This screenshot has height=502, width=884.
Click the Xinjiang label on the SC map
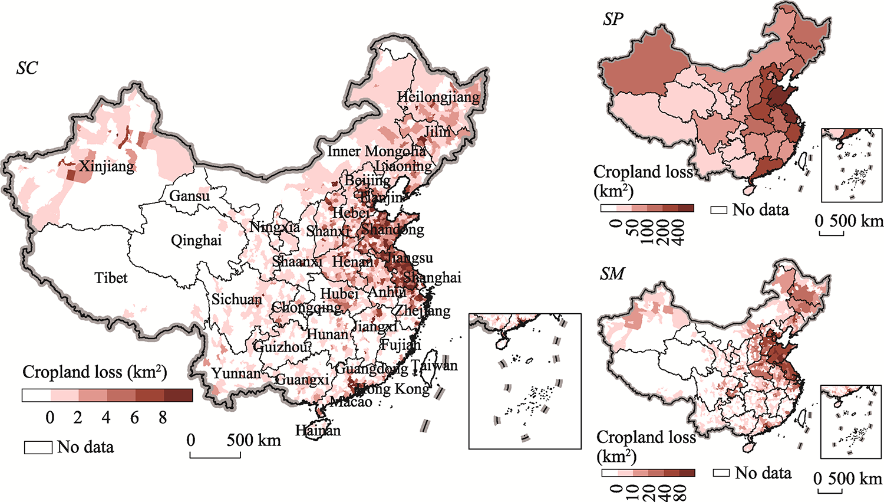(x=107, y=166)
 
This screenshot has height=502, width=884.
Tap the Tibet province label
(x=111, y=277)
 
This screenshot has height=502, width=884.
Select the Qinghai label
(x=196, y=240)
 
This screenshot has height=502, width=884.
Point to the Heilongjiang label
(x=438, y=97)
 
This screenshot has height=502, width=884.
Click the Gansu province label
(x=189, y=196)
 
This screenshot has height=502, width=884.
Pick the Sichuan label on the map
(x=237, y=300)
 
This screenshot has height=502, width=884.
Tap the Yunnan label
(x=236, y=373)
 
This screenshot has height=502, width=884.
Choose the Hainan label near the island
(x=318, y=431)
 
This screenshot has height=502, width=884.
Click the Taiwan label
(x=434, y=366)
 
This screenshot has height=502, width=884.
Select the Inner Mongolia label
(x=377, y=152)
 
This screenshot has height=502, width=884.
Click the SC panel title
(x=27, y=68)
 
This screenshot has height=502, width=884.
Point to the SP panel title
(x=613, y=19)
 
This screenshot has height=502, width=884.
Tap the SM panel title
(x=612, y=274)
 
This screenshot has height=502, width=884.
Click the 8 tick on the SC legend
(x=163, y=418)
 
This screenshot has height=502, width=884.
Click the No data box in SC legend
(x=38, y=447)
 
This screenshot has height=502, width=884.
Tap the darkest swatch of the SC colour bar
(x=178, y=395)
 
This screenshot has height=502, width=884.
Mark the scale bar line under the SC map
(x=215, y=457)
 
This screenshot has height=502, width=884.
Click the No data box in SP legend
(x=719, y=210)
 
